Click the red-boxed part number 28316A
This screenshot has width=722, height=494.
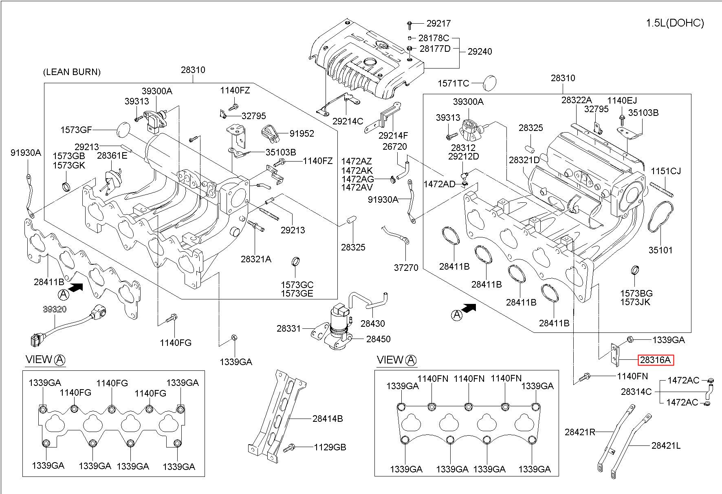(x=655, y=360)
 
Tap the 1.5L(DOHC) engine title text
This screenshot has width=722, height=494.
(x=675, y=23)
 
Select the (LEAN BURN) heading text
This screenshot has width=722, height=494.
(x=72, y=72)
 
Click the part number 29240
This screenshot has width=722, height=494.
(x=480, y=51)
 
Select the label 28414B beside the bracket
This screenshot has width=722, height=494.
(x=328, y=419)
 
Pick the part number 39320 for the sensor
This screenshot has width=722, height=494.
(x=55, y=309)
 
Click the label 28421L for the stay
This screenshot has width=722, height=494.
(x=666, y=445)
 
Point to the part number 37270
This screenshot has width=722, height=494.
(x=406, y=268)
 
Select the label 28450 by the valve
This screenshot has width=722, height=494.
(x=378, y=339)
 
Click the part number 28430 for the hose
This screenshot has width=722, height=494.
(x=373, y=323)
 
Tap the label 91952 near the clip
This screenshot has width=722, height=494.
(x=302, y=133)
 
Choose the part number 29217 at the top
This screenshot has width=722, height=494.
(x=439, y=24)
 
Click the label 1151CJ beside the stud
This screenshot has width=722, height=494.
(x=666, y=171)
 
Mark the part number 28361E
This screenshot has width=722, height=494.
(x=112, y=155)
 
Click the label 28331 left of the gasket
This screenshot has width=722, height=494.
(x=288, y=328)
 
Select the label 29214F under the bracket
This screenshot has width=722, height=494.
(x=393, y=135)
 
